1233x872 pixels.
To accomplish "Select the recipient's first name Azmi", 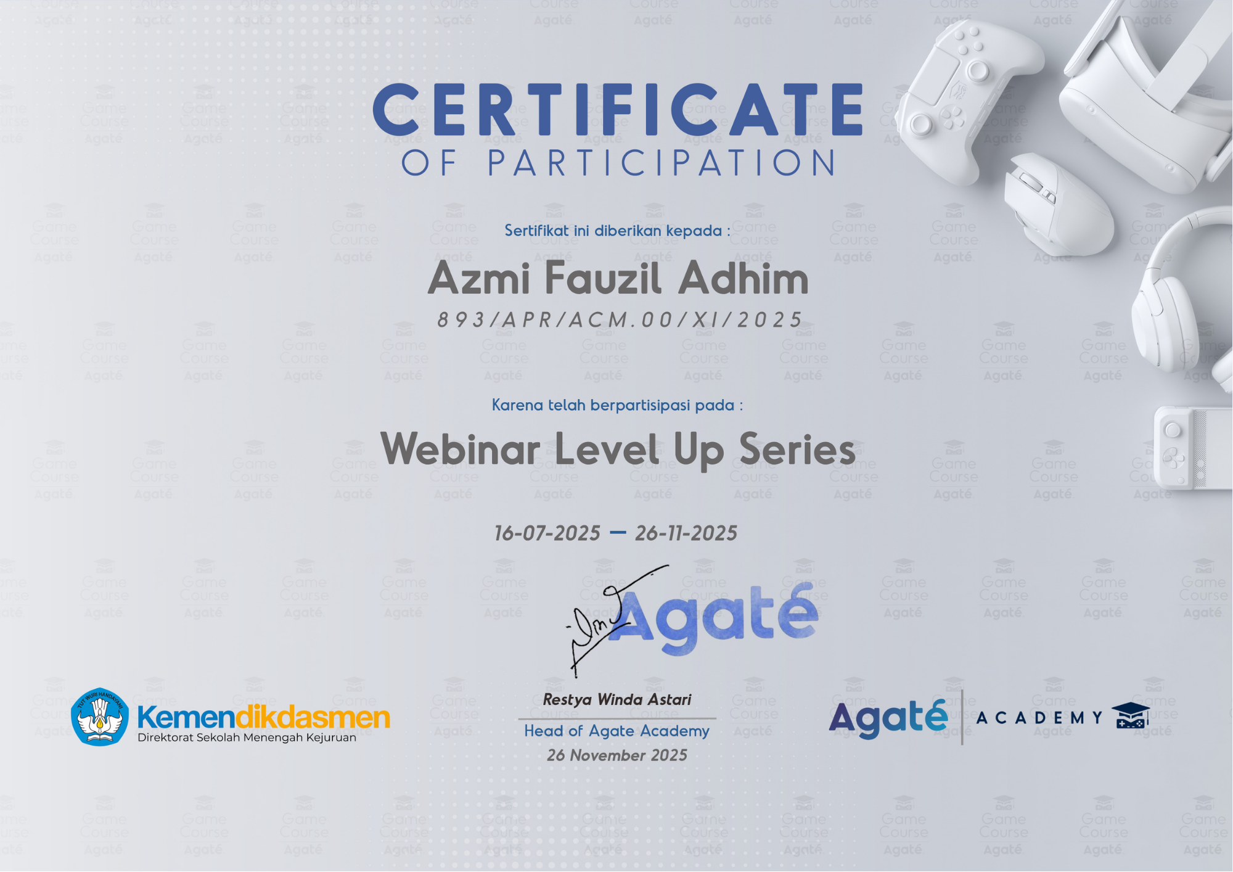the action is tap(479, 279).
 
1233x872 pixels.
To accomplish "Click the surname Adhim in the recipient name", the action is tap(743, 278).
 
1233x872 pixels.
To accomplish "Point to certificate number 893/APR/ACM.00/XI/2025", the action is tap(620, 319).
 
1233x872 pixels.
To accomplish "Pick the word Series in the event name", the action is tap(797, 449).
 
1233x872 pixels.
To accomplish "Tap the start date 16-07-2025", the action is tap(547, 533).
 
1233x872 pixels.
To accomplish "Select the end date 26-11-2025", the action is tap(686, 533).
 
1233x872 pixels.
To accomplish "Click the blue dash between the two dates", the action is tap(618, 532).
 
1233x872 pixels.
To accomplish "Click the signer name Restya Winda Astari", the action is tap(616, 699).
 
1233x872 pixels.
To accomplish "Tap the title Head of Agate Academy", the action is tap(616, 731).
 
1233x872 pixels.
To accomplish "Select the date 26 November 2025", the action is tap(616, 755).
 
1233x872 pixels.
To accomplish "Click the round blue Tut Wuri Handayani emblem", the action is tap(100, 717).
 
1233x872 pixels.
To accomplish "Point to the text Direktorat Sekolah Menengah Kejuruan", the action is tap(247, 738).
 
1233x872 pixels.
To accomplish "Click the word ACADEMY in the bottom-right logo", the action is tap(1039, 717).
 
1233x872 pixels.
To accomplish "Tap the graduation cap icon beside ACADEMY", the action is tap(1130, 716).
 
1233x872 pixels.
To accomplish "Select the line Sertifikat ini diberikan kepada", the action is tap(617, 231).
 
